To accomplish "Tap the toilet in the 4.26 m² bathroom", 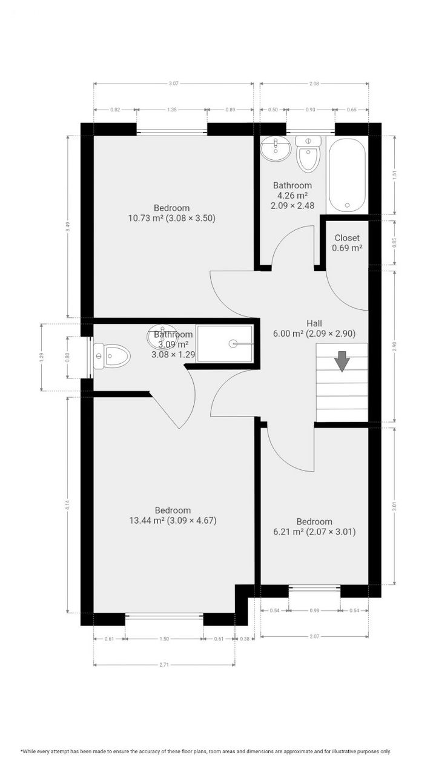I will (x=308, y=156).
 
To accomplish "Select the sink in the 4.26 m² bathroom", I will (x=276, y=149).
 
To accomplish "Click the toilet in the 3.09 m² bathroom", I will (x=112, y=356).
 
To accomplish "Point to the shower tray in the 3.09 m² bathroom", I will (x=225, y=343).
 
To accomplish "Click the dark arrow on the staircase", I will (x=342, y=361).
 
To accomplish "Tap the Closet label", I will (x=347, y=238).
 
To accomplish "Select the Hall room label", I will (x=314, y=323).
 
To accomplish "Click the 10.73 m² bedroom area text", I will (x=171, y=218).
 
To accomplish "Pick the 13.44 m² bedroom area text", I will (x=172, y=520).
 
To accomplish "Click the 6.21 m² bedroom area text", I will (x=314, y=532).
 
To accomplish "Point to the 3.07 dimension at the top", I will (x=173, y=84).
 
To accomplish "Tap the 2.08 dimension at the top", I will (x=314, y=84).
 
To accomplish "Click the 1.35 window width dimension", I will (x=171, y=110).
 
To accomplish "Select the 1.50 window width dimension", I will (x=163, y=639).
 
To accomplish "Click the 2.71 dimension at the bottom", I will (x=164, y=664).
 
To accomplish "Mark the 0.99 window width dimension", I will (x=314, y=611).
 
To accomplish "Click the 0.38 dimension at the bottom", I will (x=245, y=639).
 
